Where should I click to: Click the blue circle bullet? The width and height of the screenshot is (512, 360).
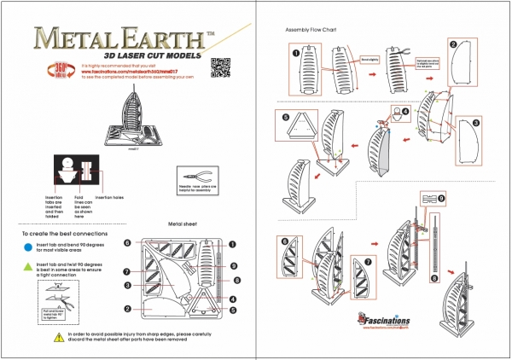click(28, 245)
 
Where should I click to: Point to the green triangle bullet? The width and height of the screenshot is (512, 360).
click(28, 266)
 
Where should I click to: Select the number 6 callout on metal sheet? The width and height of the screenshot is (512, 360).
click(126, 242)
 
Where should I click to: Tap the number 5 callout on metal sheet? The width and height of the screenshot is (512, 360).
click(234, 311)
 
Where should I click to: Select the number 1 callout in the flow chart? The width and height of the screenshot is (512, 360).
click(295, 52)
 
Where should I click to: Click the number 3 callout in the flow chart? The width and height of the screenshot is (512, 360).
click(476, 122)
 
